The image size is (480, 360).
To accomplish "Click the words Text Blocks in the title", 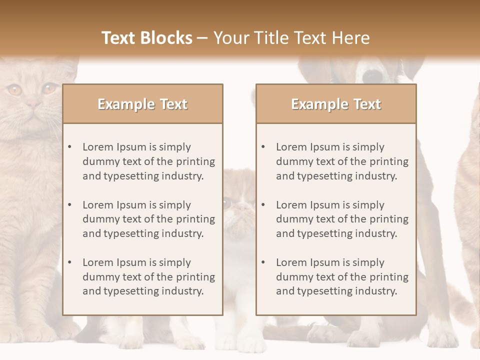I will [147, 38].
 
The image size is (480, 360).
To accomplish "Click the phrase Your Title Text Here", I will [291, 38].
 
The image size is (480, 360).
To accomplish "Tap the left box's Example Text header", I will [142, 104].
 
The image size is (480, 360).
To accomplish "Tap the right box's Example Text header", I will [336, 104].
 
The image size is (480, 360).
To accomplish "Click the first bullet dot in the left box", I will [70, 147].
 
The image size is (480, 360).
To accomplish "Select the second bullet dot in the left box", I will [70, 205].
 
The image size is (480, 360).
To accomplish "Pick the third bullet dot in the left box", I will [70, 262].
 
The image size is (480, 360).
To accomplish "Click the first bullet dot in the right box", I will [263, 147].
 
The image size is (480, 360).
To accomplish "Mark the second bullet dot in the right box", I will [263, 205].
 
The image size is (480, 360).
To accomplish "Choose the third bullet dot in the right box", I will [263, 262].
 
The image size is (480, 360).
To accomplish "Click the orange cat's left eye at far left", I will [14, 90].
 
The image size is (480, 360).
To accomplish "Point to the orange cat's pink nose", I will [33, 105].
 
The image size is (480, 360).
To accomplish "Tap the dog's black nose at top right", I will [372, 75].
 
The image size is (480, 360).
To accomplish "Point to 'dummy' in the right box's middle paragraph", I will [292, 219].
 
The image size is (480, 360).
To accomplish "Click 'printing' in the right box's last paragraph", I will [389, 277].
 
